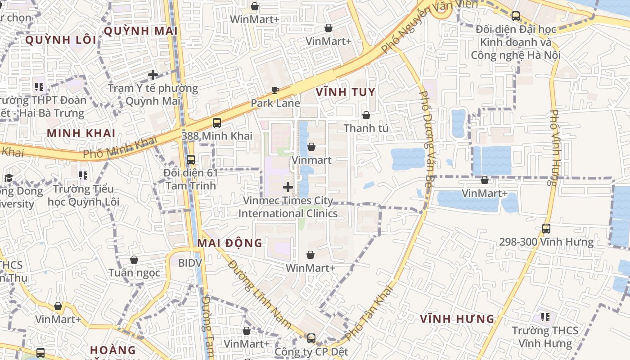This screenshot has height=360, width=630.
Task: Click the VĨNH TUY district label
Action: [345, 92]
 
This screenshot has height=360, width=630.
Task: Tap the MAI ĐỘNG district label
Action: [229, 243]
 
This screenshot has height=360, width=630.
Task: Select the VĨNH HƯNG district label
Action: [457, 319]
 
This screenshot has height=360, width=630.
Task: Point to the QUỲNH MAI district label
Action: [140, 31]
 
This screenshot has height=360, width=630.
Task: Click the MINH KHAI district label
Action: [81, 133]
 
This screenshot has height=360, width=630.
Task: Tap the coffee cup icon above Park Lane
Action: [275, 90]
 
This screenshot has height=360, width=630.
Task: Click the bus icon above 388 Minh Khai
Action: [217, 122]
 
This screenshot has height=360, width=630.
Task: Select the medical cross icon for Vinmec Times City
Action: [288, 187]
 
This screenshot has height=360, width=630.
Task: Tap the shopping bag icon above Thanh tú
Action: [366, 115]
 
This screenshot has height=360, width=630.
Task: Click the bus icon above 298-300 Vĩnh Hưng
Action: [546, 229]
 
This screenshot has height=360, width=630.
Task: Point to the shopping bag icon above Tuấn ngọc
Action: [134, 260]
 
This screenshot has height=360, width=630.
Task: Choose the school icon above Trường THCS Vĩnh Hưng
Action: [545, 317]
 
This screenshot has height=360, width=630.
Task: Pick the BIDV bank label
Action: [190, 263]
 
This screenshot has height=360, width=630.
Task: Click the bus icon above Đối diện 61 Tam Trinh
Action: [191, 159]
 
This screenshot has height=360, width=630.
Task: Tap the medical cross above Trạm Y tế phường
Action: [153, 75]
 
